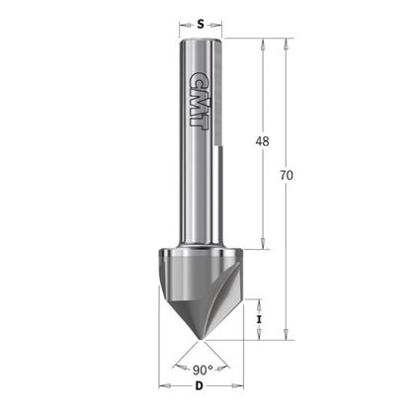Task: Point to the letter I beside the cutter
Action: point(259,320)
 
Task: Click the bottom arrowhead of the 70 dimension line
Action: point(286,335)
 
